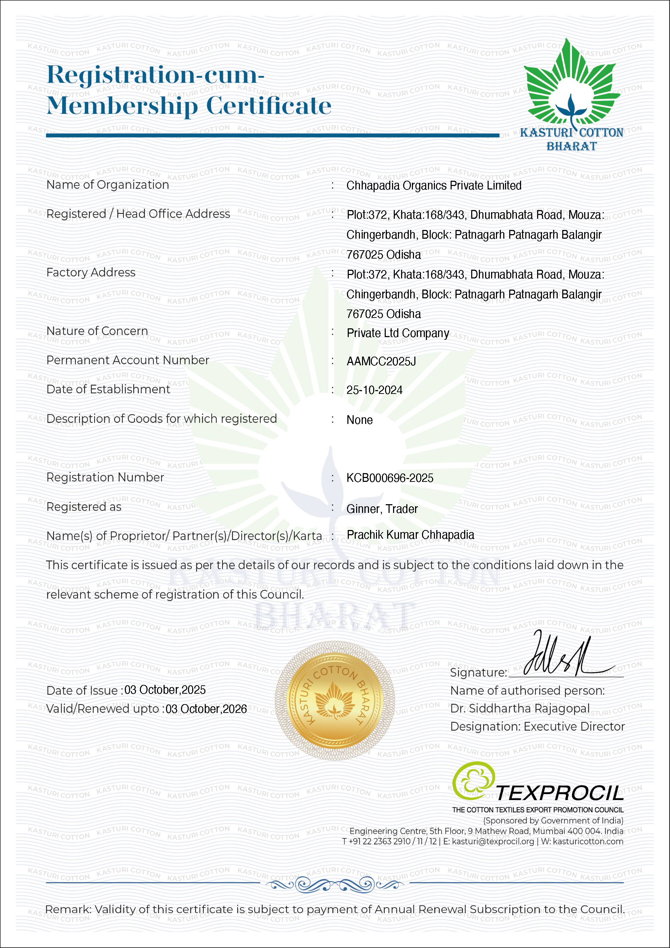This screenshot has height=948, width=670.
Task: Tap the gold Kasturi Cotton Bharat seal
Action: point(334,700)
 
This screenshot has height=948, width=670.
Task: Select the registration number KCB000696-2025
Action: point(390,478)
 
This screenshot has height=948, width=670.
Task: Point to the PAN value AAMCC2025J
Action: point(381,362)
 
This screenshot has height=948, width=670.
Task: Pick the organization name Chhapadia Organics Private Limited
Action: point(434,186)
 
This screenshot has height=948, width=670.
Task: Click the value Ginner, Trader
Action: point(382,509)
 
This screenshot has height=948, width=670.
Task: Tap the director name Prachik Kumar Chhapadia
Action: point(410,535)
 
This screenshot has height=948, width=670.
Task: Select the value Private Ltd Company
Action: point(398,333)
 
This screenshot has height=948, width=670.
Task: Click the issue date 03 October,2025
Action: point(165,690)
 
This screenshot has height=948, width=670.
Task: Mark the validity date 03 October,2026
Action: point(206,709)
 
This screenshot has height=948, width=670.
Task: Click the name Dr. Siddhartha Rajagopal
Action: point(520,709)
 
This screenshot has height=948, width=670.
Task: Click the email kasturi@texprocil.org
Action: point(493,842)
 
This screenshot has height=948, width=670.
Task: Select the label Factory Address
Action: point(91,273)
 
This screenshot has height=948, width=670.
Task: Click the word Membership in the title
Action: point(122,106)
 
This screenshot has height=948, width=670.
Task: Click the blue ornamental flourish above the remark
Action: point(334,884)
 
